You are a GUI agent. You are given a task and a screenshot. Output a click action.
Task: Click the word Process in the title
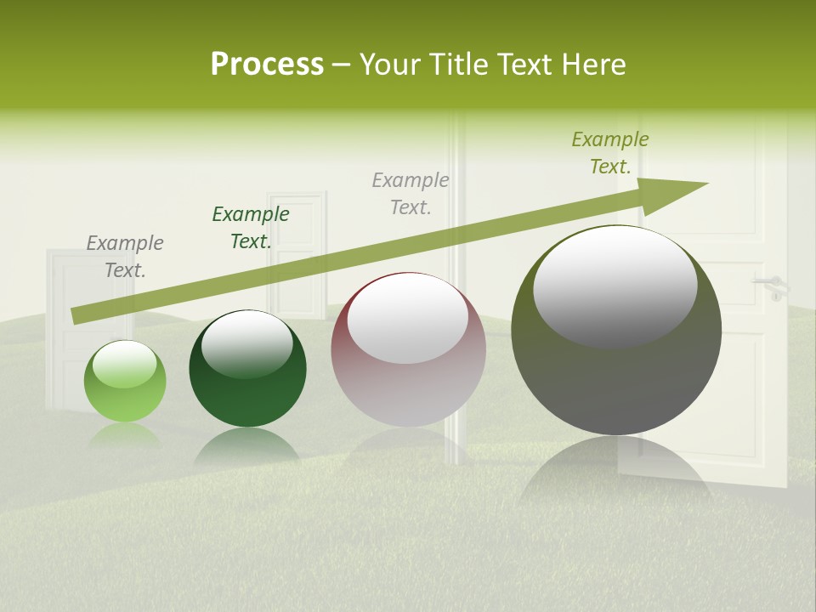267,65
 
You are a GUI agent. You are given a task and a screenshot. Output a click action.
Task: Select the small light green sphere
125,382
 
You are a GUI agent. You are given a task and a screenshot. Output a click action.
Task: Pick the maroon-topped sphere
408,350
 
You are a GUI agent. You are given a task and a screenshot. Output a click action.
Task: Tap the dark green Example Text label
251,228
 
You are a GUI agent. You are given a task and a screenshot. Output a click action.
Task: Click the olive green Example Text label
610,153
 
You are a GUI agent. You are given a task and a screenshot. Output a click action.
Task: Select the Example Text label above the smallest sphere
125,257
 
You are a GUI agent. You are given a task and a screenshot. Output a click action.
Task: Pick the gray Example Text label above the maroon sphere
411,193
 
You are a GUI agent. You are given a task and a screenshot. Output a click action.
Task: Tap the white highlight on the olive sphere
615,285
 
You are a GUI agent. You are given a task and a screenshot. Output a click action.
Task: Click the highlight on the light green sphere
124,365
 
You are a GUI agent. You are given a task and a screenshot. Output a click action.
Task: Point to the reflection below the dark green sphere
247,446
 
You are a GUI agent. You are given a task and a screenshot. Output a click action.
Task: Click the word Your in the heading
391,65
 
